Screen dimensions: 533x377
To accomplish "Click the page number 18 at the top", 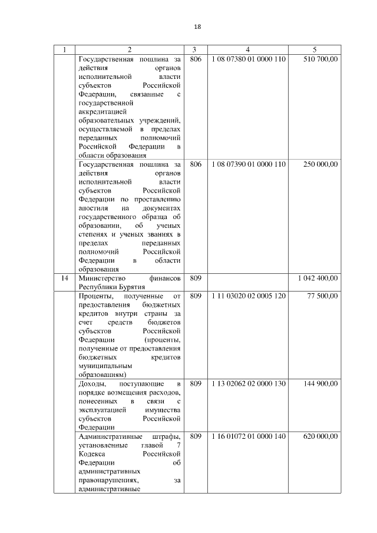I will tap(197, 27).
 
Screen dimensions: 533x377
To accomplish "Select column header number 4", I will tap(248, 49).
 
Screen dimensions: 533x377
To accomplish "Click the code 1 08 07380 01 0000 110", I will tap(248, 59).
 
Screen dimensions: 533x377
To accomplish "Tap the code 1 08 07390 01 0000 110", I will tap(248, 164).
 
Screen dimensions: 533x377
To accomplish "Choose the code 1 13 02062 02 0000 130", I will tap(248, 383).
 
